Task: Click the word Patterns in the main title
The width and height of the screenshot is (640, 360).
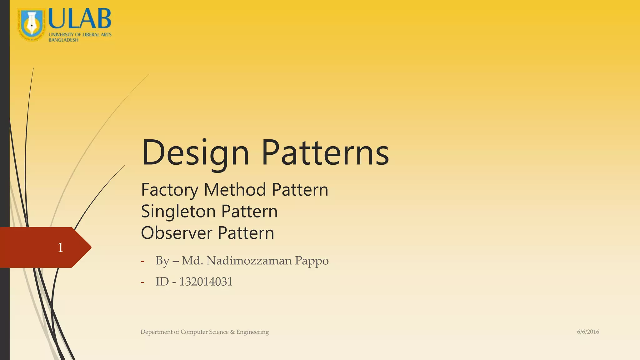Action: (325, 152)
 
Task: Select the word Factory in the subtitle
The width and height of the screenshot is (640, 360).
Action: (169, 190)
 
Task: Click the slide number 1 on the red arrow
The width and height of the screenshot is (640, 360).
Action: (60, 247)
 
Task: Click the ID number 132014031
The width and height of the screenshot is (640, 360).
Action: (206, 282)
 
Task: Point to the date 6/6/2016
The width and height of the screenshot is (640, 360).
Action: (588, 332)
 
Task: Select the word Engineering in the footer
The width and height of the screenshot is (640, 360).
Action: (252, 332)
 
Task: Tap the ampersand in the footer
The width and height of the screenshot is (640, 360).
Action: (232, 332)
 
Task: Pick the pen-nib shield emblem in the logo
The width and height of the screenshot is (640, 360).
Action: (31, 24)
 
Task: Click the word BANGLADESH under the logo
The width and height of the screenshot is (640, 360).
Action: (63, 40)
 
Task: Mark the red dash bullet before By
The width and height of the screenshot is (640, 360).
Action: (142, 261)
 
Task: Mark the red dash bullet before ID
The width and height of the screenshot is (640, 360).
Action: (142, 282)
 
